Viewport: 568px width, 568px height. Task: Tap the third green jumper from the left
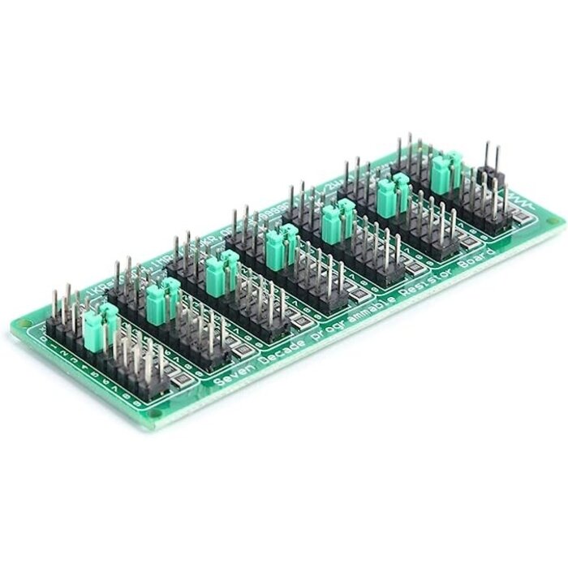click(220, 272)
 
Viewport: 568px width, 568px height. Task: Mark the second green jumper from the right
click(390, 194)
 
